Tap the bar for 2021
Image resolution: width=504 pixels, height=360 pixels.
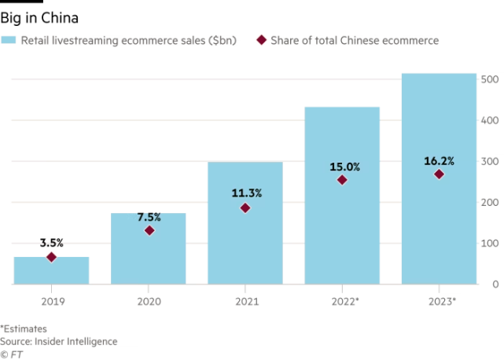[245, 228]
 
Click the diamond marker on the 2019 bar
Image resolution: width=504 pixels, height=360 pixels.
[52, 256]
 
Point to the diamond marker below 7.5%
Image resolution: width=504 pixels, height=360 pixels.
[149, 230]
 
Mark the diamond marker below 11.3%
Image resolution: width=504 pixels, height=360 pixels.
[245, 208]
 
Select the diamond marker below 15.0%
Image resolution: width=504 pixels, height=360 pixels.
[342, 180]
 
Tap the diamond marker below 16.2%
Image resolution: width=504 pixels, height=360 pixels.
[439, 174]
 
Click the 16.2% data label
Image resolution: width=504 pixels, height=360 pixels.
[439, 160]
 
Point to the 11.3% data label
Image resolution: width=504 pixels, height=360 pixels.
[245, 193]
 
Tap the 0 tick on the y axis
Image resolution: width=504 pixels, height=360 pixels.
[494, 284]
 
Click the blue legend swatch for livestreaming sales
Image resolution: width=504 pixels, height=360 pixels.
[9, 40]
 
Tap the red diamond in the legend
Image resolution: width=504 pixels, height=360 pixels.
[261, 40]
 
